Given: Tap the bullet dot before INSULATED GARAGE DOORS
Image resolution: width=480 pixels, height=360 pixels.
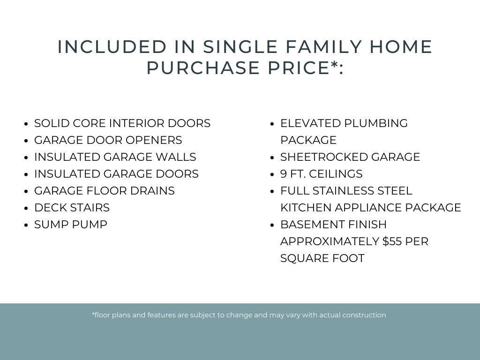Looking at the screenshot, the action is (x=26, y=174).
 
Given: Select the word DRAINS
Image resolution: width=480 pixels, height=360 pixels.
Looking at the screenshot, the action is (x=152, y=191).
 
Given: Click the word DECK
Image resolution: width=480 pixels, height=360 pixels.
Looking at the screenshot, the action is (x=51, y=208).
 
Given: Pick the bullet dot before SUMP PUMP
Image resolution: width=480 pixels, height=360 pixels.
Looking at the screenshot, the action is (x=26, y=225).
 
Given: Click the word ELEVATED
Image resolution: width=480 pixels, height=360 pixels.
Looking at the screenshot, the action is (x=310, y=123).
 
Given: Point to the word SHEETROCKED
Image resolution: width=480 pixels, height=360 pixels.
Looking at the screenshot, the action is (x=324, y=157).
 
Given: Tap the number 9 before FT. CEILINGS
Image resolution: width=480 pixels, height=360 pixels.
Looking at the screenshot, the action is (x=283, y=174).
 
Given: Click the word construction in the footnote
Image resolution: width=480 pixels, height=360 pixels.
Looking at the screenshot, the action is (x=364, y=315).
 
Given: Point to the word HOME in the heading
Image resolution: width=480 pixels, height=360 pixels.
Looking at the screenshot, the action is (x=401, y=47).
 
